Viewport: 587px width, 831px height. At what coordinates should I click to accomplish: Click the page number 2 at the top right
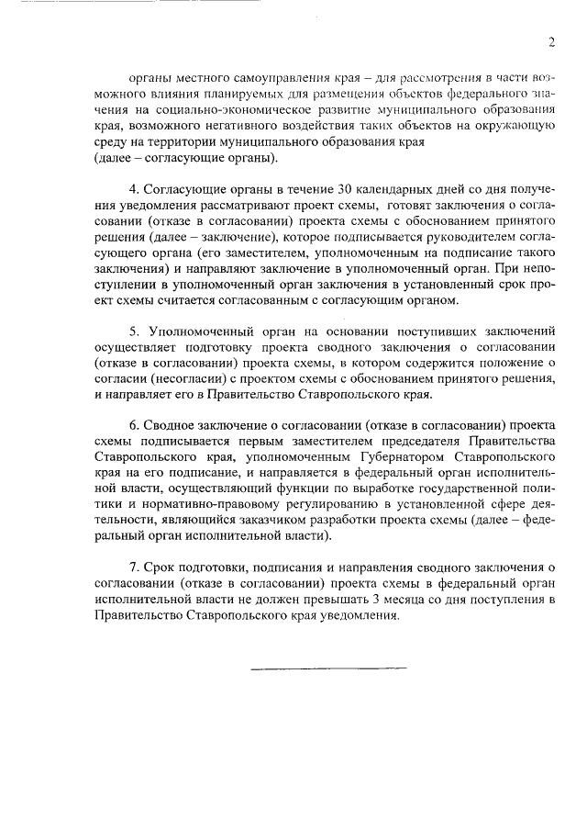point(551,41)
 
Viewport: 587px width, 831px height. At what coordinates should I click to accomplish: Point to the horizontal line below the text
point(316,668)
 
